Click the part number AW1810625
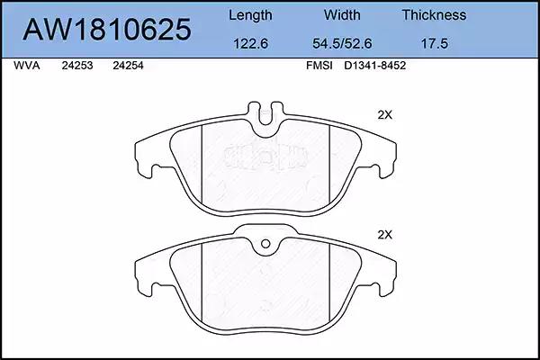(x=107, y=30)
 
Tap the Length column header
(x=250, y=15)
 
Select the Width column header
(x=342, y=14)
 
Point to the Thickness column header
(x=435, y=14)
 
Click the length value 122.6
(x=251, y=43)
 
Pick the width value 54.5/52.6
(x=342, y=43)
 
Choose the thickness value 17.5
(x=435, y=43)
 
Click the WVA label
(x=27, y=66)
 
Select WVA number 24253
(x=77, y=66)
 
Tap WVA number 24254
(x=128, y=66)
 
